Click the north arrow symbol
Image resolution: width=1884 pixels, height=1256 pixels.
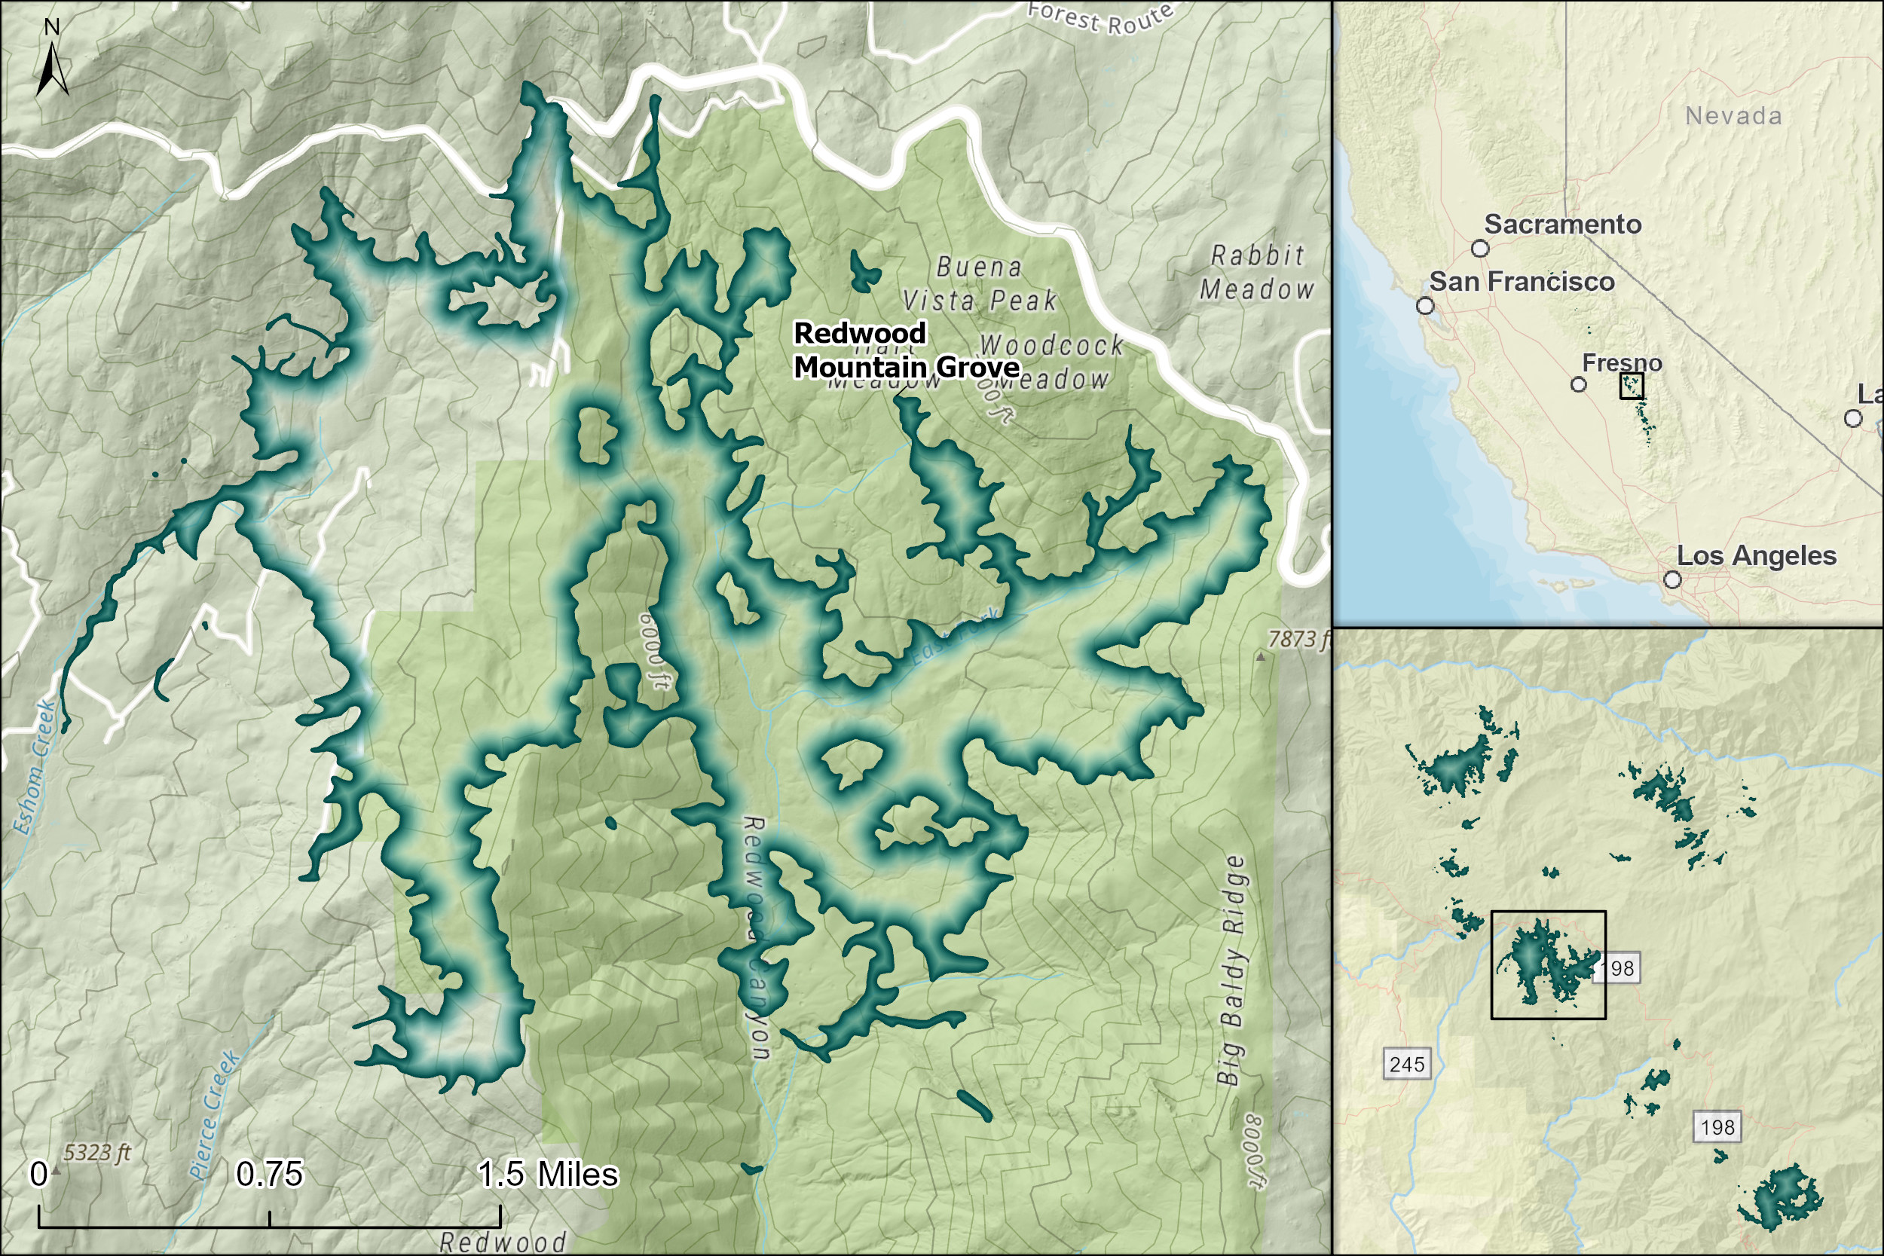[52, 68]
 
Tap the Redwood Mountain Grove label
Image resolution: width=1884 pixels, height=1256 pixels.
[905, 350]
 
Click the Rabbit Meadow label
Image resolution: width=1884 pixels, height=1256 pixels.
[1257, 272]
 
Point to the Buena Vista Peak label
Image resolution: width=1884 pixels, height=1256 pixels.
[980, 283]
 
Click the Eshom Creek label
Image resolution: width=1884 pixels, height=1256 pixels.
[35, 766]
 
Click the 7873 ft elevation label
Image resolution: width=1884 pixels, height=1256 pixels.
[1298, 638]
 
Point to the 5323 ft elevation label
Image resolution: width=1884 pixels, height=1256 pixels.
[97, 1153]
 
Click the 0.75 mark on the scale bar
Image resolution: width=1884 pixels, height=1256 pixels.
[269, 1175]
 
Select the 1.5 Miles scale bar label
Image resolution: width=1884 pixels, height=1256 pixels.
[548, 1175]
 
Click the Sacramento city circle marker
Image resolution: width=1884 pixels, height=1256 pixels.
[1480, 249]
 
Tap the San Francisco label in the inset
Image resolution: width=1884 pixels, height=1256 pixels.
[1522, 282]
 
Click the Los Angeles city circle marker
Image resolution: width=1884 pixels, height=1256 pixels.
[1672, 579]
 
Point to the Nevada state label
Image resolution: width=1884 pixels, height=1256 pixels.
[1733, 116]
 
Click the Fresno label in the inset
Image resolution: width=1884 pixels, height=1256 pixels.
[1622, 363]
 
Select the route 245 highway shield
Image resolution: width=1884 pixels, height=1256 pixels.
[1408, 1065]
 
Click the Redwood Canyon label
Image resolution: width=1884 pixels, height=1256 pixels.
[756, 937]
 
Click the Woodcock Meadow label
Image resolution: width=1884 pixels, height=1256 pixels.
[1049, 362]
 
